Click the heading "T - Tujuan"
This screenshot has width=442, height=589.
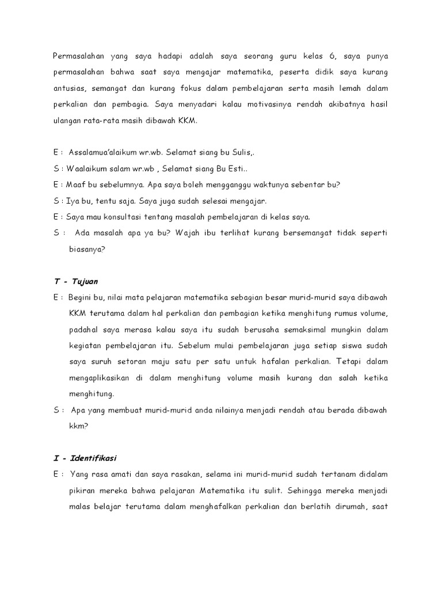tap(75, 281)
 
